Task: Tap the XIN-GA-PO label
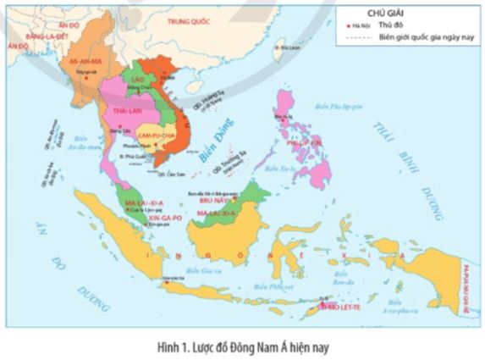(x=141, y=218)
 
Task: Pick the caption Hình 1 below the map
(x=241, y=345)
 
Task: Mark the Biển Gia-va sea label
(x=202, y=271)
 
